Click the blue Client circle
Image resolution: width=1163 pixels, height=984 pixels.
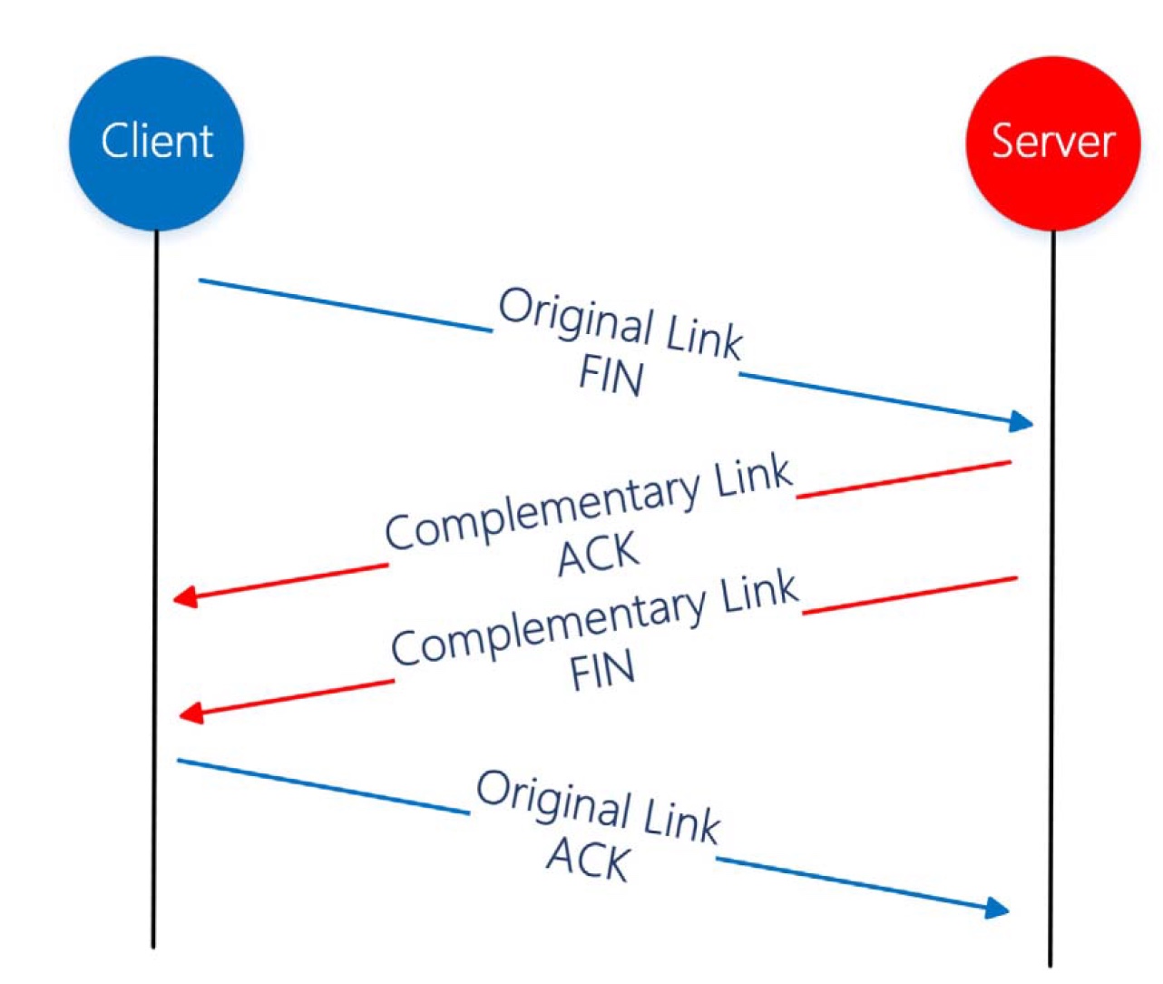pos(156,143)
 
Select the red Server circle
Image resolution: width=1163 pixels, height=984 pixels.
pos(1053,143)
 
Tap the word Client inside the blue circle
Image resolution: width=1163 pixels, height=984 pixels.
pos(156,141)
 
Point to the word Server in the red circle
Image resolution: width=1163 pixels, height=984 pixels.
pos(1053,141)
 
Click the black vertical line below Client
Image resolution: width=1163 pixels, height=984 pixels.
pos(155,589)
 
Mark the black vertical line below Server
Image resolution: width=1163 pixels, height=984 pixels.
pos(1051,599)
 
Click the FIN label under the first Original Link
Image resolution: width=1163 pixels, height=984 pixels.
pos(611,378)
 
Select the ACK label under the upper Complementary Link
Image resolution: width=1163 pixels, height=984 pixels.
pos(598,555)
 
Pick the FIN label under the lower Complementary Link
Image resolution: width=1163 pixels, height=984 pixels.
pos(602,669)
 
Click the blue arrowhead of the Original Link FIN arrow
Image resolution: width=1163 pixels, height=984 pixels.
pos(1021,421)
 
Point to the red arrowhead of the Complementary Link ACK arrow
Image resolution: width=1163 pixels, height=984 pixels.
pos(186,596)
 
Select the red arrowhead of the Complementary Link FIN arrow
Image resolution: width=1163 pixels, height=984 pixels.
pos(191,713)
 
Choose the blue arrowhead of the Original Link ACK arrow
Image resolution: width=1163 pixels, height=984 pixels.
pos(997,908)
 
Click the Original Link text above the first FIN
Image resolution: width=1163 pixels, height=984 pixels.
pos(621,324)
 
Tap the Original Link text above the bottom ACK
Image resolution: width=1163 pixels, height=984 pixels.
pos(598,807)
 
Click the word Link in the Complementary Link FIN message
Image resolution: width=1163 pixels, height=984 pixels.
pos(759,590)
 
